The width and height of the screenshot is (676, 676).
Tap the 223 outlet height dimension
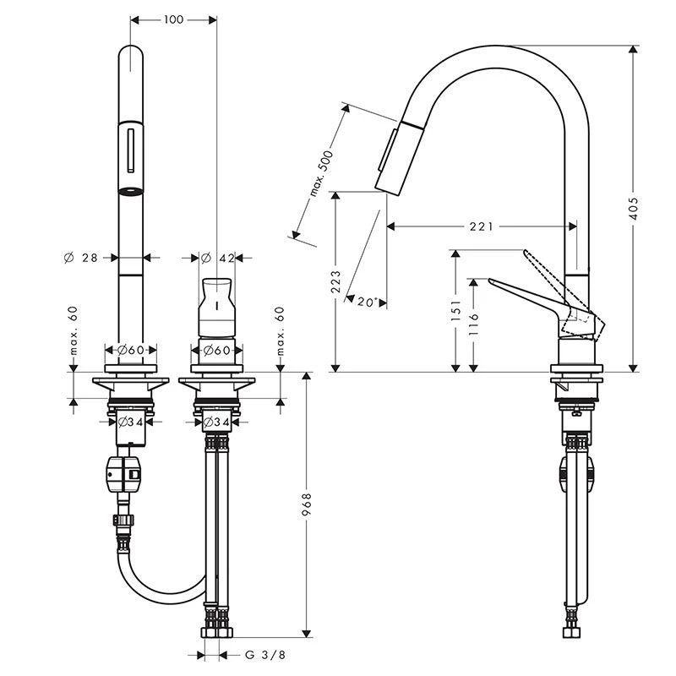[335, 281]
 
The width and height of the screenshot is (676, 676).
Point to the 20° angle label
[365, 302]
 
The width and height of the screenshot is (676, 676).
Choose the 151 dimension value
[455, 311]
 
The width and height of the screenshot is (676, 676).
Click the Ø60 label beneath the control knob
[217, 350]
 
